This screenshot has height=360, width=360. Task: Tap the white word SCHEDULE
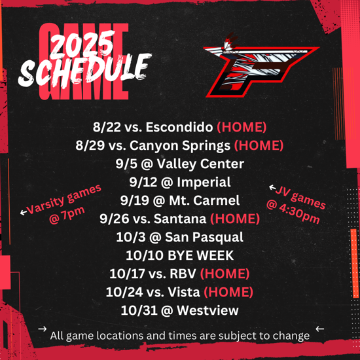tap(85, 70)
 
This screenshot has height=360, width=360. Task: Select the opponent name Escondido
tap(179, 127)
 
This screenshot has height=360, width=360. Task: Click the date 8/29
tap(90, 145)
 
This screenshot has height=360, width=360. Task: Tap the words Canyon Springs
tap(180, 146)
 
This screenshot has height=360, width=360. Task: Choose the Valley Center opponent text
tap(200, 164)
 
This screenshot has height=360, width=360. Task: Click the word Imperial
tap(204, 183)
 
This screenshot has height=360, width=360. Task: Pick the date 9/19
tap(135, 200)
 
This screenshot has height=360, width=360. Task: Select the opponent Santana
tap(180, 219)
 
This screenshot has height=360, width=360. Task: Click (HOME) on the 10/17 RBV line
tap(225, 274)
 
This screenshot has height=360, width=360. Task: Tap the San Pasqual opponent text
tap(204, 238)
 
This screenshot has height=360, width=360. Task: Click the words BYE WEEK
tap(200, 255)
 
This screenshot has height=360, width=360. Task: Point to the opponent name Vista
tap(184, 292)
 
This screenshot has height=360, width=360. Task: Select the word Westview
tap(207, 310)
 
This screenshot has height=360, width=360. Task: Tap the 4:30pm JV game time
tap(299, 215)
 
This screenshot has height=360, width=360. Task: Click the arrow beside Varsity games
tap(24, 212)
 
